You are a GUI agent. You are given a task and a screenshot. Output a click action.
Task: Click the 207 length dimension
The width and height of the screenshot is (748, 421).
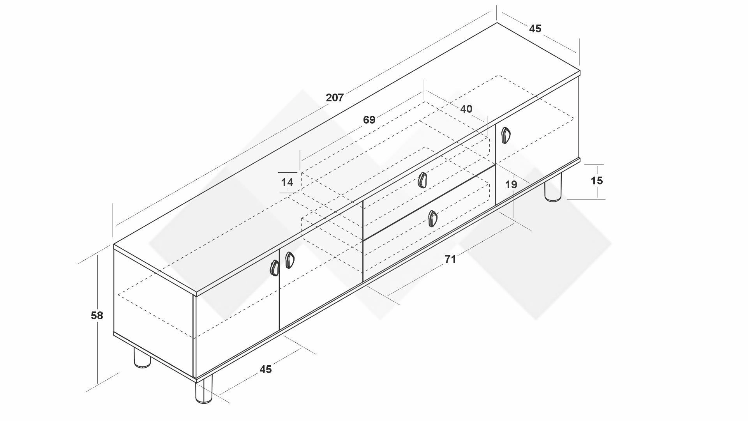(x=335, y=97)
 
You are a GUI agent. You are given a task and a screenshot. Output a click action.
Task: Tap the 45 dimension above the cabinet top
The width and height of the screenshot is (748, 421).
(x=535, y=28)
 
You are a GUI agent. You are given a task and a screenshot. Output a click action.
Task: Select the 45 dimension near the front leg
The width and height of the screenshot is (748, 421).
(x=266, y=369)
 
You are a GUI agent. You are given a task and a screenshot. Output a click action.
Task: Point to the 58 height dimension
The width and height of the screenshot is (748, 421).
(x=97, y=315)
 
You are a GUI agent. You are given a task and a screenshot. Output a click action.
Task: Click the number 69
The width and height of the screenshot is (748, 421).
(x=369, y=120)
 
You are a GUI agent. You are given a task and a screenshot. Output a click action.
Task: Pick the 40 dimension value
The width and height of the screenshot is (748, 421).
(x=466, y=109)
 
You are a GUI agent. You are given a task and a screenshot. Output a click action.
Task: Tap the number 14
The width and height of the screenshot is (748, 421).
(x=287, y=182)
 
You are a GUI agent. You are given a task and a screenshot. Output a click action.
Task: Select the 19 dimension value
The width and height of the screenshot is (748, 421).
(x=511, y=184)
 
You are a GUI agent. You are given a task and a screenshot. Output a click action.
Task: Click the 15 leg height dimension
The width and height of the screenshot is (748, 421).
(x=597, y=180)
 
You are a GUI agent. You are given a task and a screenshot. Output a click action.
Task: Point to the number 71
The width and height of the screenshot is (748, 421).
(x=450, y=259)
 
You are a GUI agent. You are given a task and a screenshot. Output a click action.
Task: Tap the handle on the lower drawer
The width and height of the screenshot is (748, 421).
(x=432, y=219)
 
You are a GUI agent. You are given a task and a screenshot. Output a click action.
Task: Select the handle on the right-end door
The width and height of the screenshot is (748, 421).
(x=506, y=135)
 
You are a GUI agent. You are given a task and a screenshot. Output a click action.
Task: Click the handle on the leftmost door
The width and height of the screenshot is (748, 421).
(x=275, y=268)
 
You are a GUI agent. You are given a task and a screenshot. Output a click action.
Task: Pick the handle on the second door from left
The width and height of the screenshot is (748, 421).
(x=289, y=260)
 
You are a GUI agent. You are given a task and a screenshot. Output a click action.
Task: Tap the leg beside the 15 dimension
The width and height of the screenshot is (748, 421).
(x=553, y=188)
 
